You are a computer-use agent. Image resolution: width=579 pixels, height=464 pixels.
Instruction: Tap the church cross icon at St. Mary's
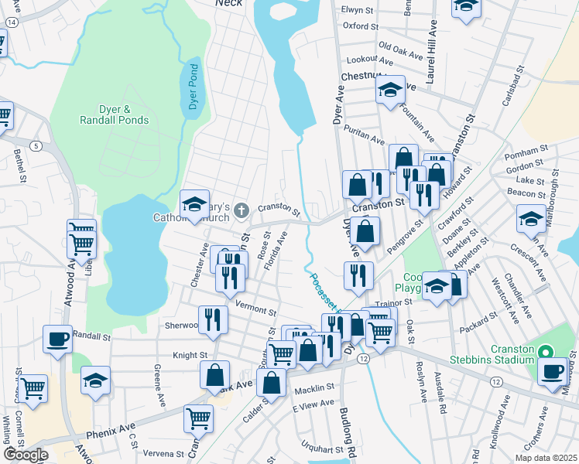[242, 208]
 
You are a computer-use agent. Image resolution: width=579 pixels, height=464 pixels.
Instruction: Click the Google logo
[26, 455]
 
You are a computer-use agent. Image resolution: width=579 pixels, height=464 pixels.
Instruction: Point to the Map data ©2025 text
[546, 458]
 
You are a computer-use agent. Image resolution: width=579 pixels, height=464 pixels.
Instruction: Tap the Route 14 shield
[10, 23]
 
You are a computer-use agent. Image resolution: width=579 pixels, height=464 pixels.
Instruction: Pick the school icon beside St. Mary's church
[195, 203]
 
